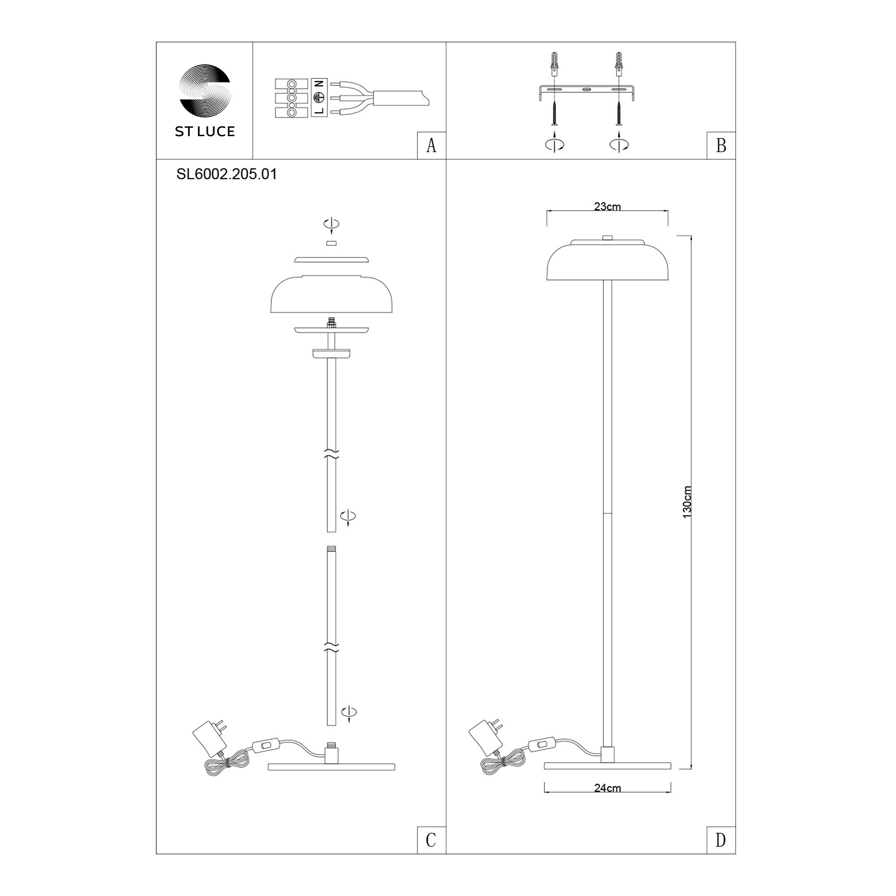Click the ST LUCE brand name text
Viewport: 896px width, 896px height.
point(205,132)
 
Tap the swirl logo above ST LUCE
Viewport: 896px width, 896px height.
point(205,90)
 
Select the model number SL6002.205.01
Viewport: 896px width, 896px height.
point(227,174)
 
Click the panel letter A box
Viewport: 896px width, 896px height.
point(431,146)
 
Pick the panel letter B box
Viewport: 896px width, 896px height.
point(721,146)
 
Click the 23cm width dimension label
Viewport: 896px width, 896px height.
point(607,207)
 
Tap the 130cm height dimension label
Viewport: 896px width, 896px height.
point(687,502)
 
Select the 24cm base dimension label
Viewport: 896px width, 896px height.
point(607,788)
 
